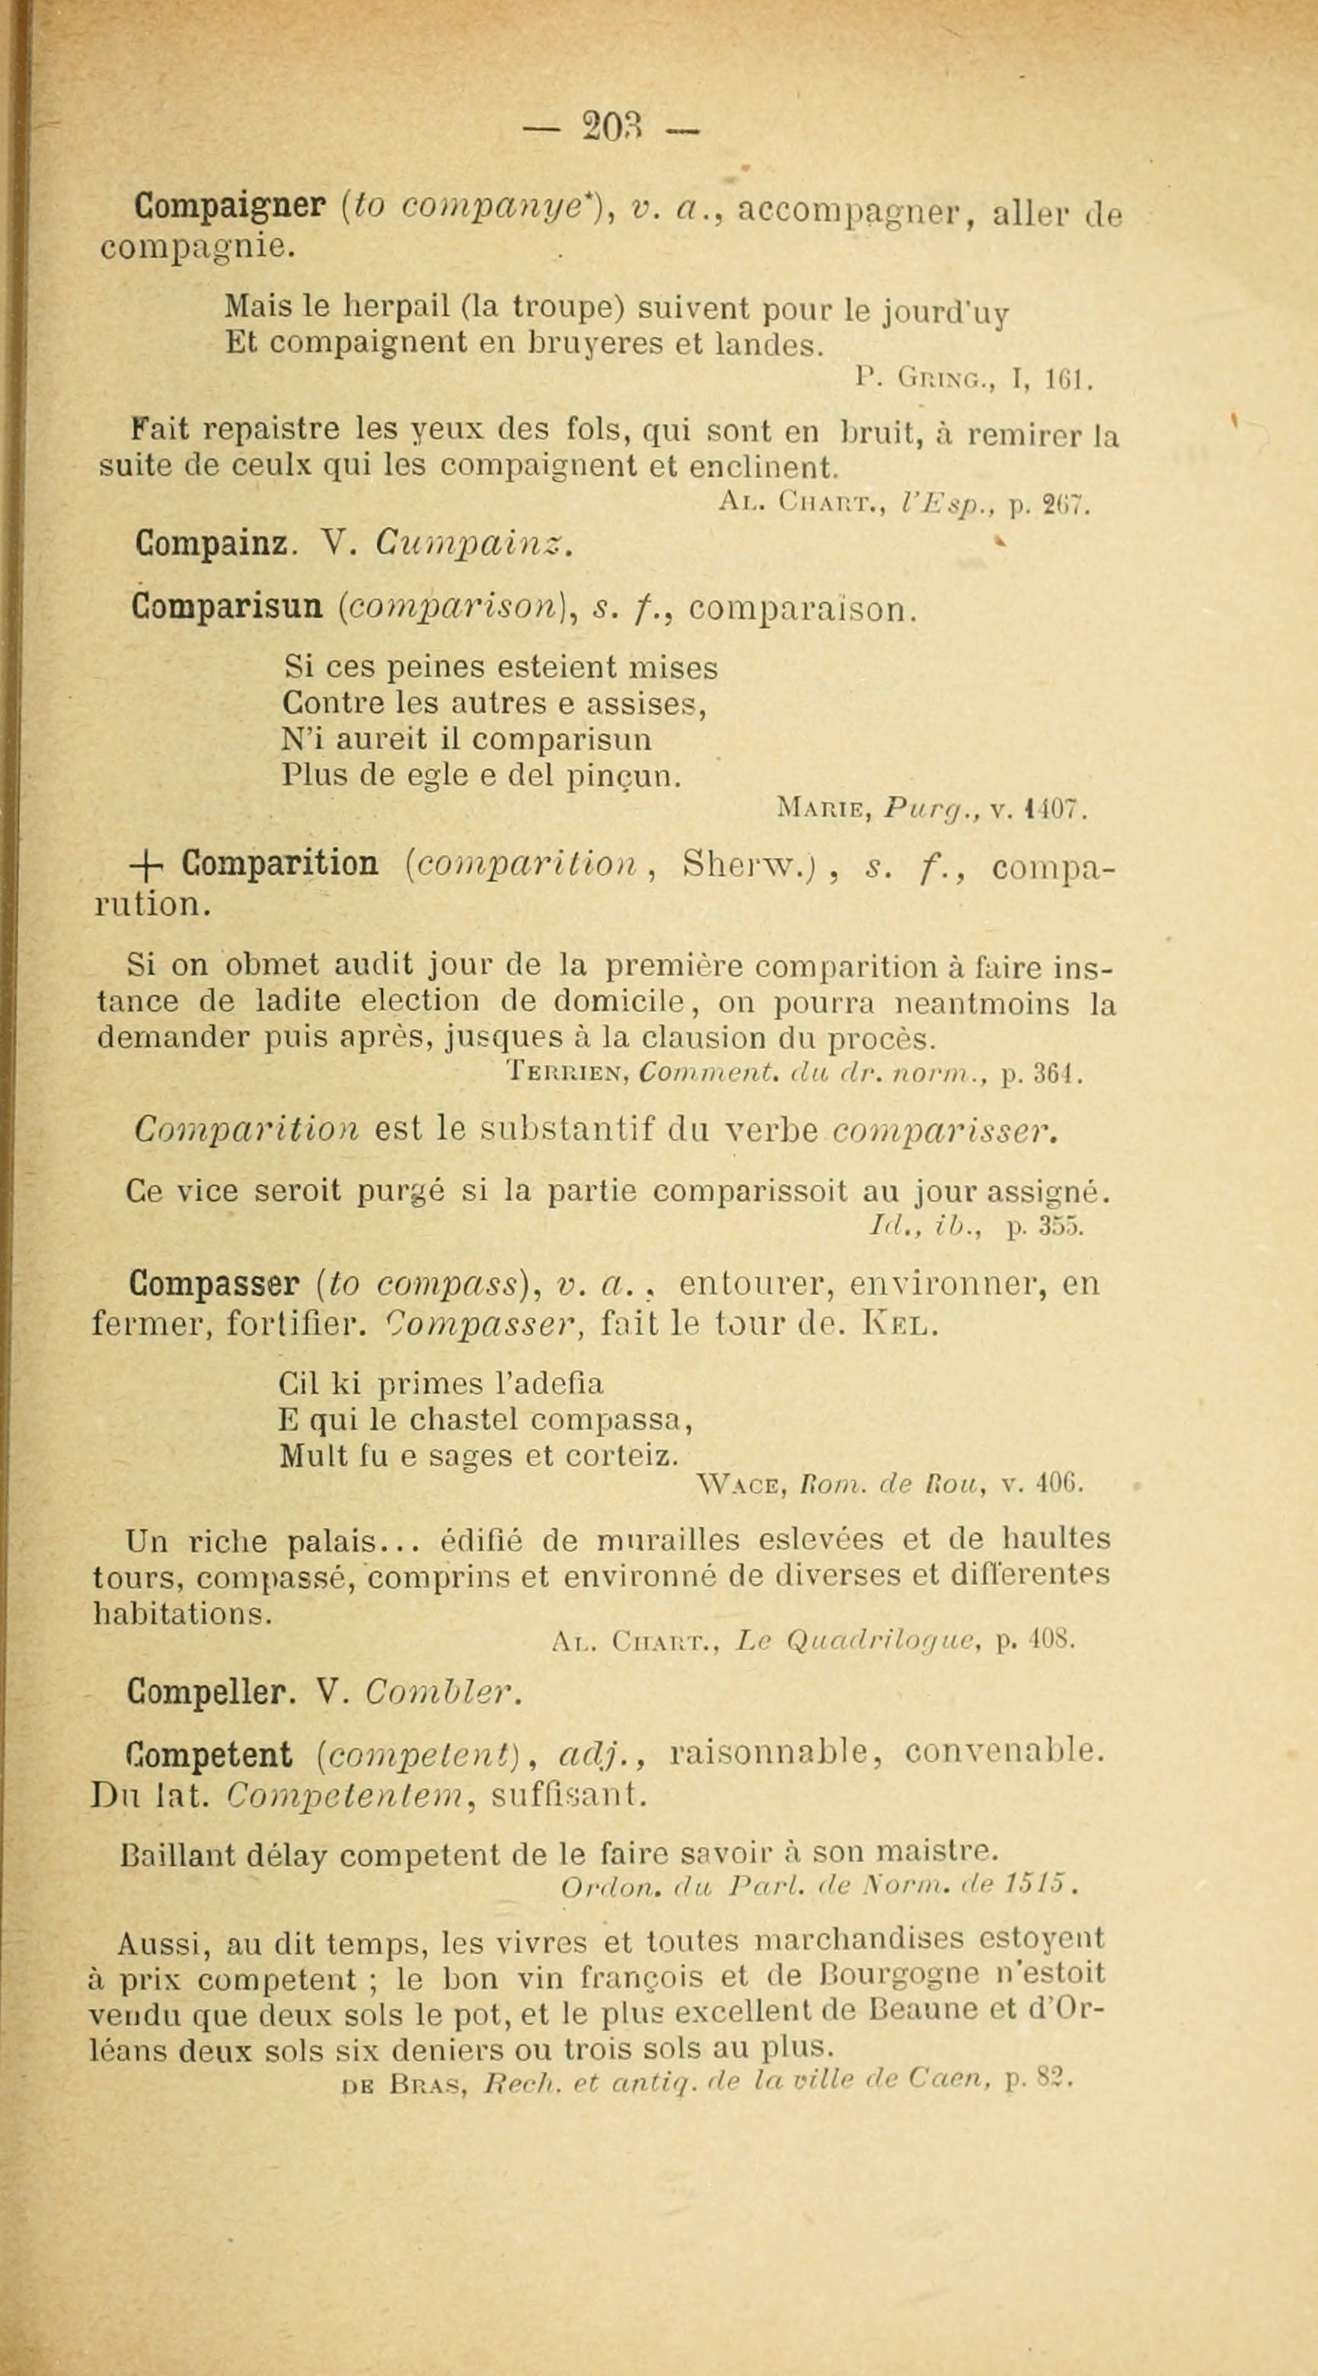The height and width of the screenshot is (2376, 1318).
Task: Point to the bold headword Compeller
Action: tap(211, 1691)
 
